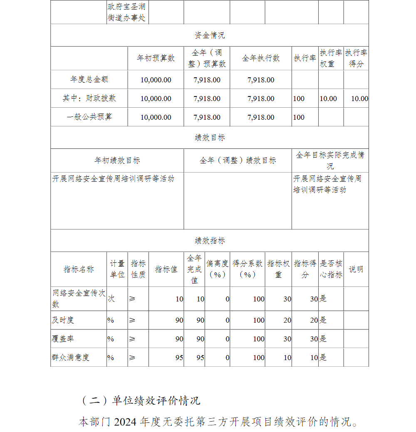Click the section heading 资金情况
[210, 35]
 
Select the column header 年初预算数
[156, 59]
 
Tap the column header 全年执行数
[261, 59]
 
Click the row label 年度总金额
[89, 79]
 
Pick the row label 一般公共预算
[89, 117]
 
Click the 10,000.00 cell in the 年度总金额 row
[156, 80]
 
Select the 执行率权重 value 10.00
[328, 99]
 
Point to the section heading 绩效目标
[210, 138]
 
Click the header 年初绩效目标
[117, 160]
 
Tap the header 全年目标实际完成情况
[330, 160]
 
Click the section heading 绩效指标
[210, 241]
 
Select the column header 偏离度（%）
[217, 269]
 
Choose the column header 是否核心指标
[331, 269]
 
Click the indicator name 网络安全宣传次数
[79, 299]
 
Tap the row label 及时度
[63, 320]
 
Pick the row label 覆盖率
[63, 339]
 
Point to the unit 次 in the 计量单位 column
[111, 299]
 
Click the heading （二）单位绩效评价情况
[140, 400]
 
